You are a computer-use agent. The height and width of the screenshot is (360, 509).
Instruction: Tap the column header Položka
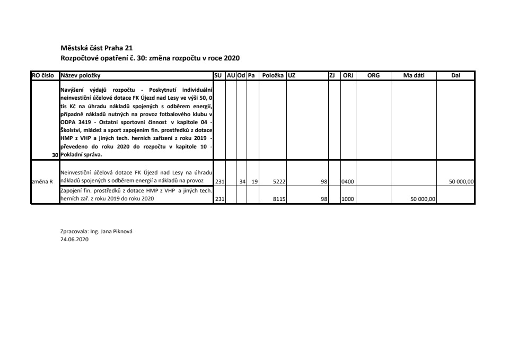pyautogui.click(x=273, y=76)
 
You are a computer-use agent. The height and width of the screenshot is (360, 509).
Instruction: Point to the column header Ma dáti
pyautogui.click(x=414, y=76)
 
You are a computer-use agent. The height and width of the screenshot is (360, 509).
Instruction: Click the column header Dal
pyautogui.click(x=455, y=76)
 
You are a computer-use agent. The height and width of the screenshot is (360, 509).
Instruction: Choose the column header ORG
pyautogui.click(x=373, y=76)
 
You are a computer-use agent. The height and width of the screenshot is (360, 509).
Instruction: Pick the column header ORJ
pyautogui.click(x=348, y=76)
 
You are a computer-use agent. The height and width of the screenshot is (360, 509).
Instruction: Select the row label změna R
pyautogui.click(x=43, y=181)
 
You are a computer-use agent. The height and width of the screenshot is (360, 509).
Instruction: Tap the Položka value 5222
pyautogui.click(x=279, y=181)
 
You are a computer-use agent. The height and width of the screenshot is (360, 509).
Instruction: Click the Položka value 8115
pyautogui.click(x=279, y=199)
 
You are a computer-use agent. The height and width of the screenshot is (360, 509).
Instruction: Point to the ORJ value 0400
pyautogui.click(x=348, y=181)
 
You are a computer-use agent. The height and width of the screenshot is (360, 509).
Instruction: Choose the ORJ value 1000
pyautogui.click(x=348, y=199)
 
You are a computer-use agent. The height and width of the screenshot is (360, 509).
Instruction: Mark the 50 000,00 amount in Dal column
pyautogui.click(x=461, y=181)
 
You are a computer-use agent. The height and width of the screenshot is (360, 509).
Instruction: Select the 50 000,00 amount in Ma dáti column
pyautogui.click(x=423, y=199)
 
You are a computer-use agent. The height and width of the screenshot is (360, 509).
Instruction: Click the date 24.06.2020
pyautogui.click(x=74, y=239)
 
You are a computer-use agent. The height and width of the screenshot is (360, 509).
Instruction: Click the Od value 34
pyautogui.click(x=242, y=181)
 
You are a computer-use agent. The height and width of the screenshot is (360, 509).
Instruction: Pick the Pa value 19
pyautogui.click(x=254, y=181)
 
